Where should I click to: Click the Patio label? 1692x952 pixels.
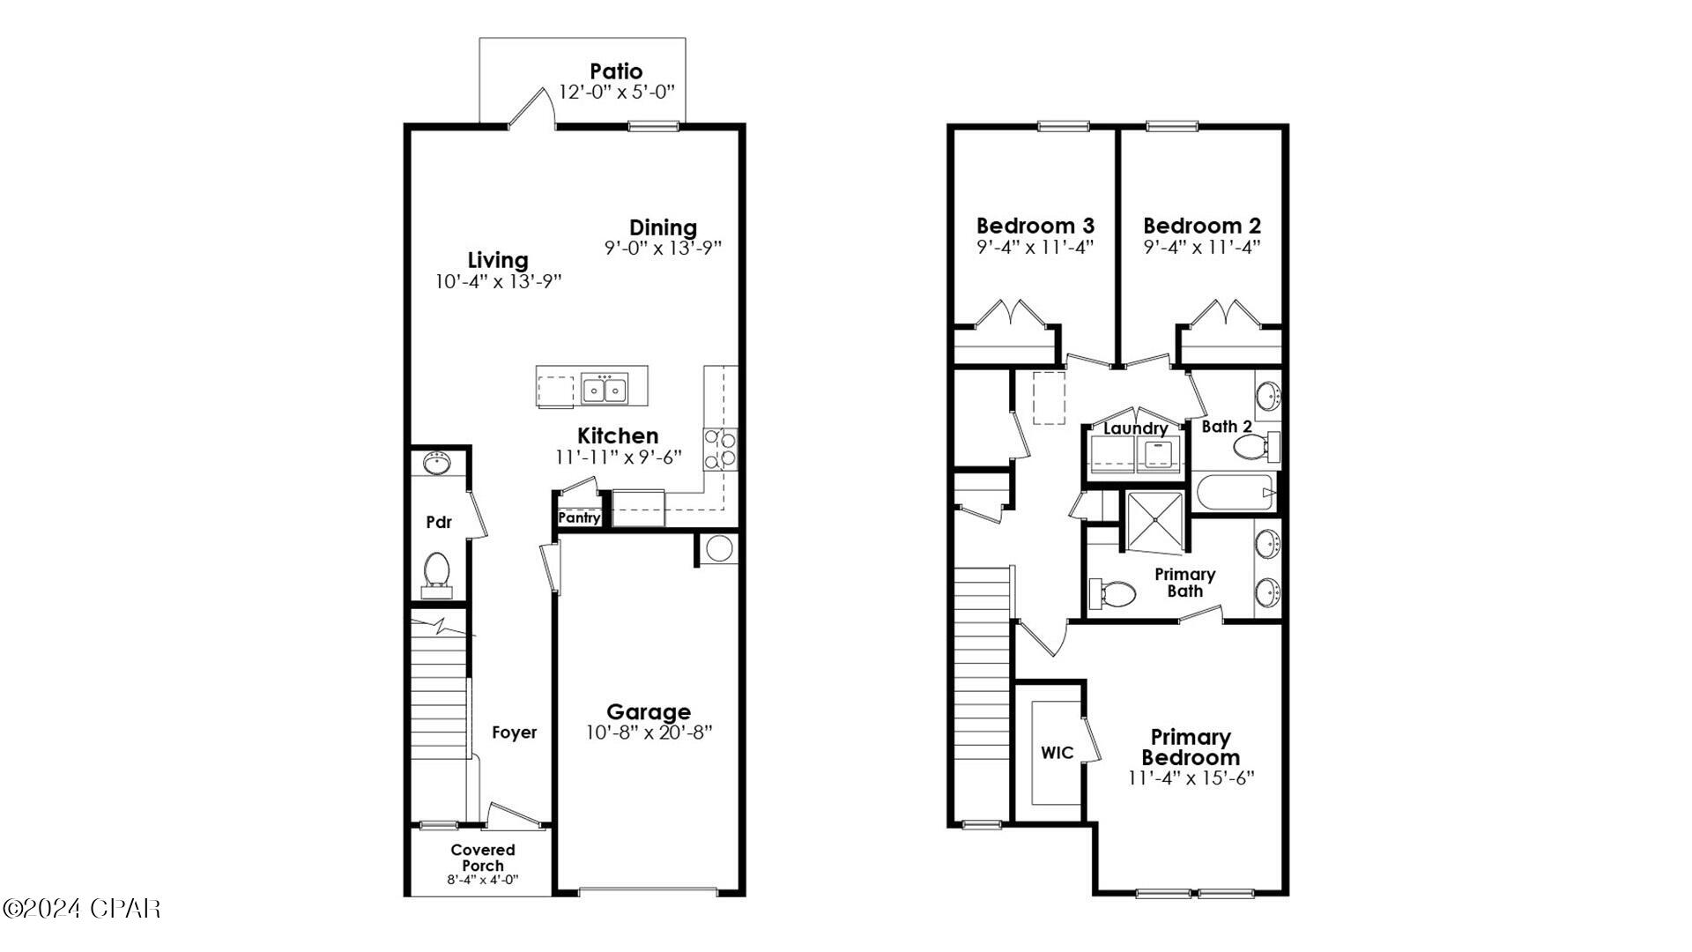[x=616, y=71]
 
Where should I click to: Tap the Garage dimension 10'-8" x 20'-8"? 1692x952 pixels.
[x=649, y=733]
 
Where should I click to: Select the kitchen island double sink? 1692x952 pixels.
[x=604, y=388]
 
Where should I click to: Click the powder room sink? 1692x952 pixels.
[x=436, y=463]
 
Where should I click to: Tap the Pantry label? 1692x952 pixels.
[x=579, y=518]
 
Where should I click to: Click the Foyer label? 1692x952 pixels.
[x=514, y=733]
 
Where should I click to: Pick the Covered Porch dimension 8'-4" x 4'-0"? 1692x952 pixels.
[x=482, y=880]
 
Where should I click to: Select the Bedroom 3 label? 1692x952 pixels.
[x=1022, y=226]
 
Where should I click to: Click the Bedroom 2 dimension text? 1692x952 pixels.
[x=1202, y=248]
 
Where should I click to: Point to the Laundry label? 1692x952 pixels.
[x=1135, y=429]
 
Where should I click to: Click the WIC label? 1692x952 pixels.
[x=1057, y=753]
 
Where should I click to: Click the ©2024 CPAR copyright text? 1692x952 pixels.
[x=81, y=908]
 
